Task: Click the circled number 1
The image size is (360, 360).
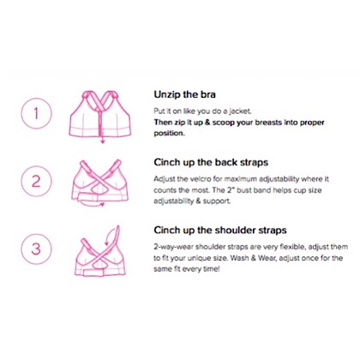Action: coord(36,113)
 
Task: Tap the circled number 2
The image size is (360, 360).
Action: coord(36,181)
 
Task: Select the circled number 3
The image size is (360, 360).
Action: coord(36,249)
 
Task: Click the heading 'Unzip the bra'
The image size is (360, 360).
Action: coord(184,94)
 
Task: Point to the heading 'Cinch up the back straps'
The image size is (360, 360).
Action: coord(211,162)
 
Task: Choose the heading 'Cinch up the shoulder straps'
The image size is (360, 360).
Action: coord(220,230)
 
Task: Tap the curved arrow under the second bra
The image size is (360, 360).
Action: coord(92,204)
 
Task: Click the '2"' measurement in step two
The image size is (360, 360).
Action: coord(231,189)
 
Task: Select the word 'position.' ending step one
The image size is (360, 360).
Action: coord(169,134)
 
